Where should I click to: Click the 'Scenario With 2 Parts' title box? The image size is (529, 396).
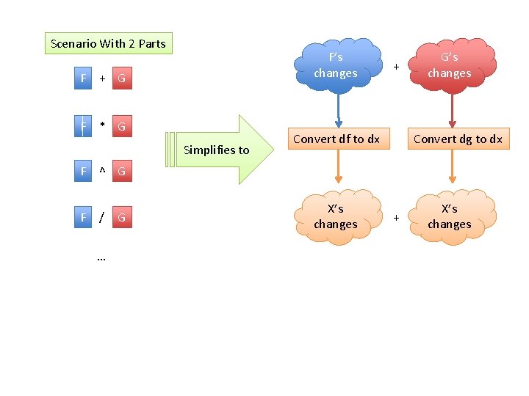coord(108,43)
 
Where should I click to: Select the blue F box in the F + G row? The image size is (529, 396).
coord(84,78)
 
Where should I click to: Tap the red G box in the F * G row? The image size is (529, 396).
coord(122,126)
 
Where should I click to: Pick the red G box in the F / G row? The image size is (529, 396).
coord(122,218)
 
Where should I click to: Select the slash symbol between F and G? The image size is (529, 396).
coord(102,218)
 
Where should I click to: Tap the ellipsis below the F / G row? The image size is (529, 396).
coord(101,258)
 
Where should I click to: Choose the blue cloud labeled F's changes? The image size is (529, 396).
coord(336,65)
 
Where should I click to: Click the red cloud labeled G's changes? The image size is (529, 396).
coord(450,65)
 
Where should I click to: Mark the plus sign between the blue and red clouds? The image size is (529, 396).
coord(396,67)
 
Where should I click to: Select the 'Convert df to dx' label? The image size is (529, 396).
coord(337,139)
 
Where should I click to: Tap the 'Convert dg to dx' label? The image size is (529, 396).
coord(458,139)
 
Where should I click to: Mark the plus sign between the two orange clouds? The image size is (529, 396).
coord(396,218)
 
